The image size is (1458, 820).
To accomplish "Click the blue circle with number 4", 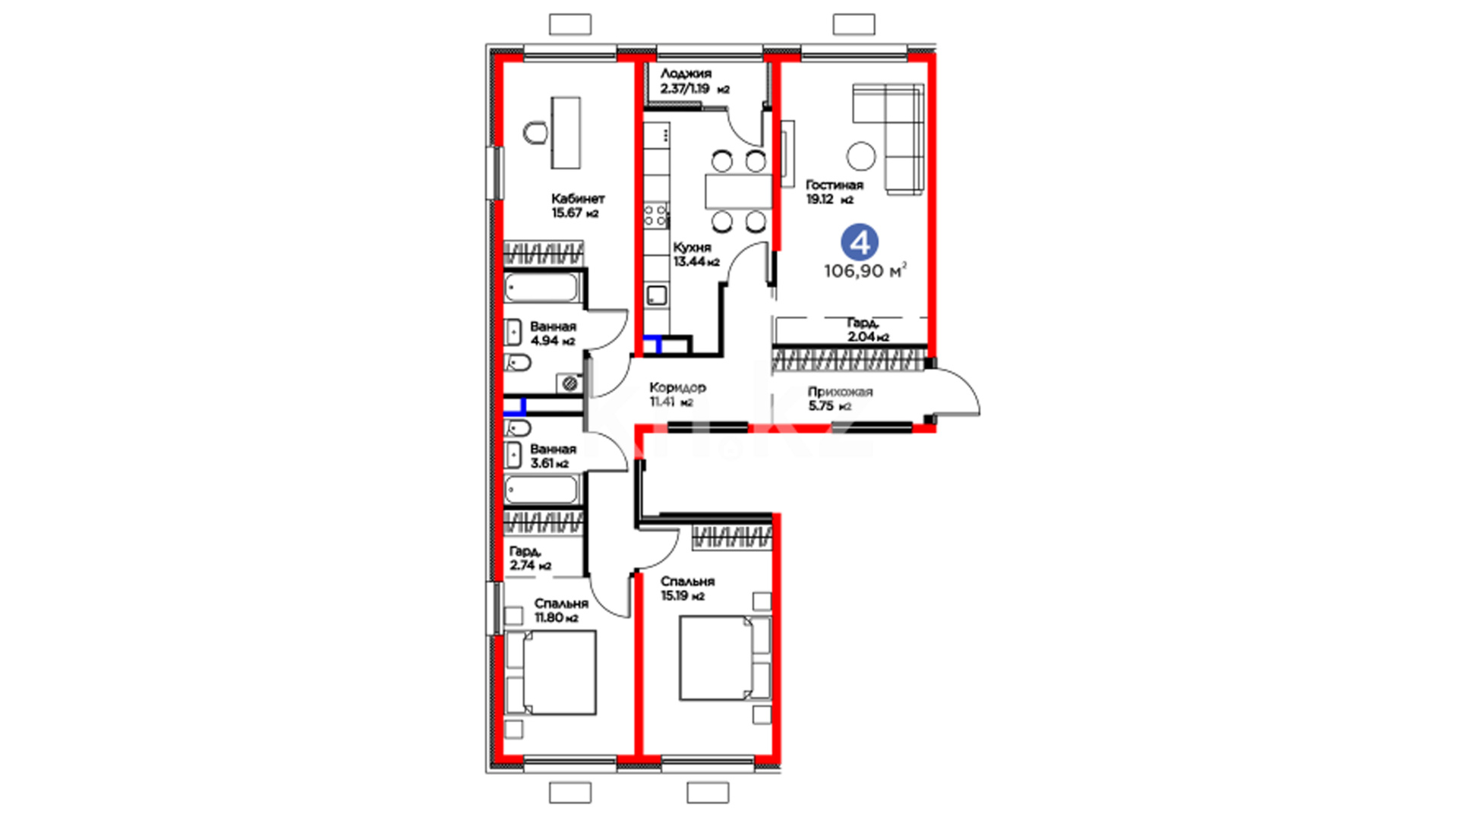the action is pyautogui.click(x=860, y=242).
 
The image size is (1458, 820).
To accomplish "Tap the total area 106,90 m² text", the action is pyautogui.click(x=865, y=271).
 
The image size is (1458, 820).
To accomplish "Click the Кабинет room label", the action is pyautogui.click(x=578, y=198).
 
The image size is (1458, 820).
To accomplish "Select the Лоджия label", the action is pyautogui.click(x=686, y=74).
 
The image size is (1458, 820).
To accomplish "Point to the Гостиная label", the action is pyautogui.click(x=834, y=185).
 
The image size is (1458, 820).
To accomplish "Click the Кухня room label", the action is pyautogui.click(x=692, y=248).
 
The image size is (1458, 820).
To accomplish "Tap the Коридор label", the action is pyautogui.click(x=677, y=387).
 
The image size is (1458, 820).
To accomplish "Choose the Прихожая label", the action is pyautogui.click(x=840, y=392).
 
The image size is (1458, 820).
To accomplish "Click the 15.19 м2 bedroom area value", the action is pyautogui.click(x=682, y=596).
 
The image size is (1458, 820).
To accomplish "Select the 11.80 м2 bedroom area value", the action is pyautogui.click(x=556, y=618).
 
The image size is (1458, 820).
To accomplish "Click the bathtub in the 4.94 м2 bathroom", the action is pyautogui.click(x=541, y=289).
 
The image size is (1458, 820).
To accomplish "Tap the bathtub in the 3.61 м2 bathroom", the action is pyautogui.click(x=541, y=489).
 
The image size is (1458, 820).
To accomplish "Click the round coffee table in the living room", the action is pyautogui.click(x=861, y=156).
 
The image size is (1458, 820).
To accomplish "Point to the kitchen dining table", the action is pyautogui.click(x=738, y=191).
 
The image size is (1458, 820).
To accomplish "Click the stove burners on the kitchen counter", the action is pyautogui.click(x=656, y=216).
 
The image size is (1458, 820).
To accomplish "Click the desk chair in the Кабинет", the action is pyautogui.click(x=535, y=133).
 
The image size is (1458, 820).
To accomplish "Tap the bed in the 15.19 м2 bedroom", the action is pyautogui.click(x=725, y=658).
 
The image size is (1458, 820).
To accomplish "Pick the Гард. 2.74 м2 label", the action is pyautogui.click(x=530, y=558).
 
